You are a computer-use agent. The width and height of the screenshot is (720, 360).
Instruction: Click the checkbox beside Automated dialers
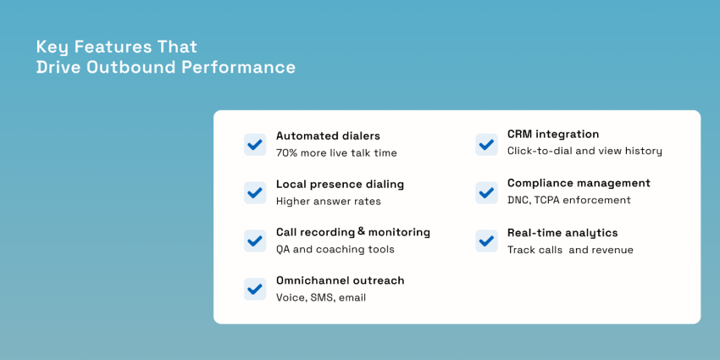click(x=255, y=144)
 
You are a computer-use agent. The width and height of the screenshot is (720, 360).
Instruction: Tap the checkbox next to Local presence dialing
click(x=255, y=192)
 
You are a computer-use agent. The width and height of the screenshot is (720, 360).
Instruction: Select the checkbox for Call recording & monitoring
click(x=255, y=241)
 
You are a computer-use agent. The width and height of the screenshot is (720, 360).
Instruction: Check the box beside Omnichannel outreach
click(x=255, y=289)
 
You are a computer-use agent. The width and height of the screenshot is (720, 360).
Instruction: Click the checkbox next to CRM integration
click(x=486, y=144)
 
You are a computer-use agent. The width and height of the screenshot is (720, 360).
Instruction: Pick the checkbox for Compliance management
click(x=486, y=192)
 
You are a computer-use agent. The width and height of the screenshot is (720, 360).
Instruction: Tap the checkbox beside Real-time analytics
click(x=486, y=241)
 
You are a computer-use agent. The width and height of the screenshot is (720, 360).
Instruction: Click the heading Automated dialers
click(x=328, y=136)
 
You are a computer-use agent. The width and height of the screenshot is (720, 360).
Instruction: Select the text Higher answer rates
click(x=328, y=202)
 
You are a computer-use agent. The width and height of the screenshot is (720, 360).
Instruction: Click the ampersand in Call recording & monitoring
click(x=362, y=231)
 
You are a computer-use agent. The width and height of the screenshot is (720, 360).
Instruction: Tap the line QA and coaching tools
click(x=335, y=250)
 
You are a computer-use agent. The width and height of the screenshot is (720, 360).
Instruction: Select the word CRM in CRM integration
click(x=520, y=134)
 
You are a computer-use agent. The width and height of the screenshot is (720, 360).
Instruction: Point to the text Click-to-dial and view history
click(x=584, y=152)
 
